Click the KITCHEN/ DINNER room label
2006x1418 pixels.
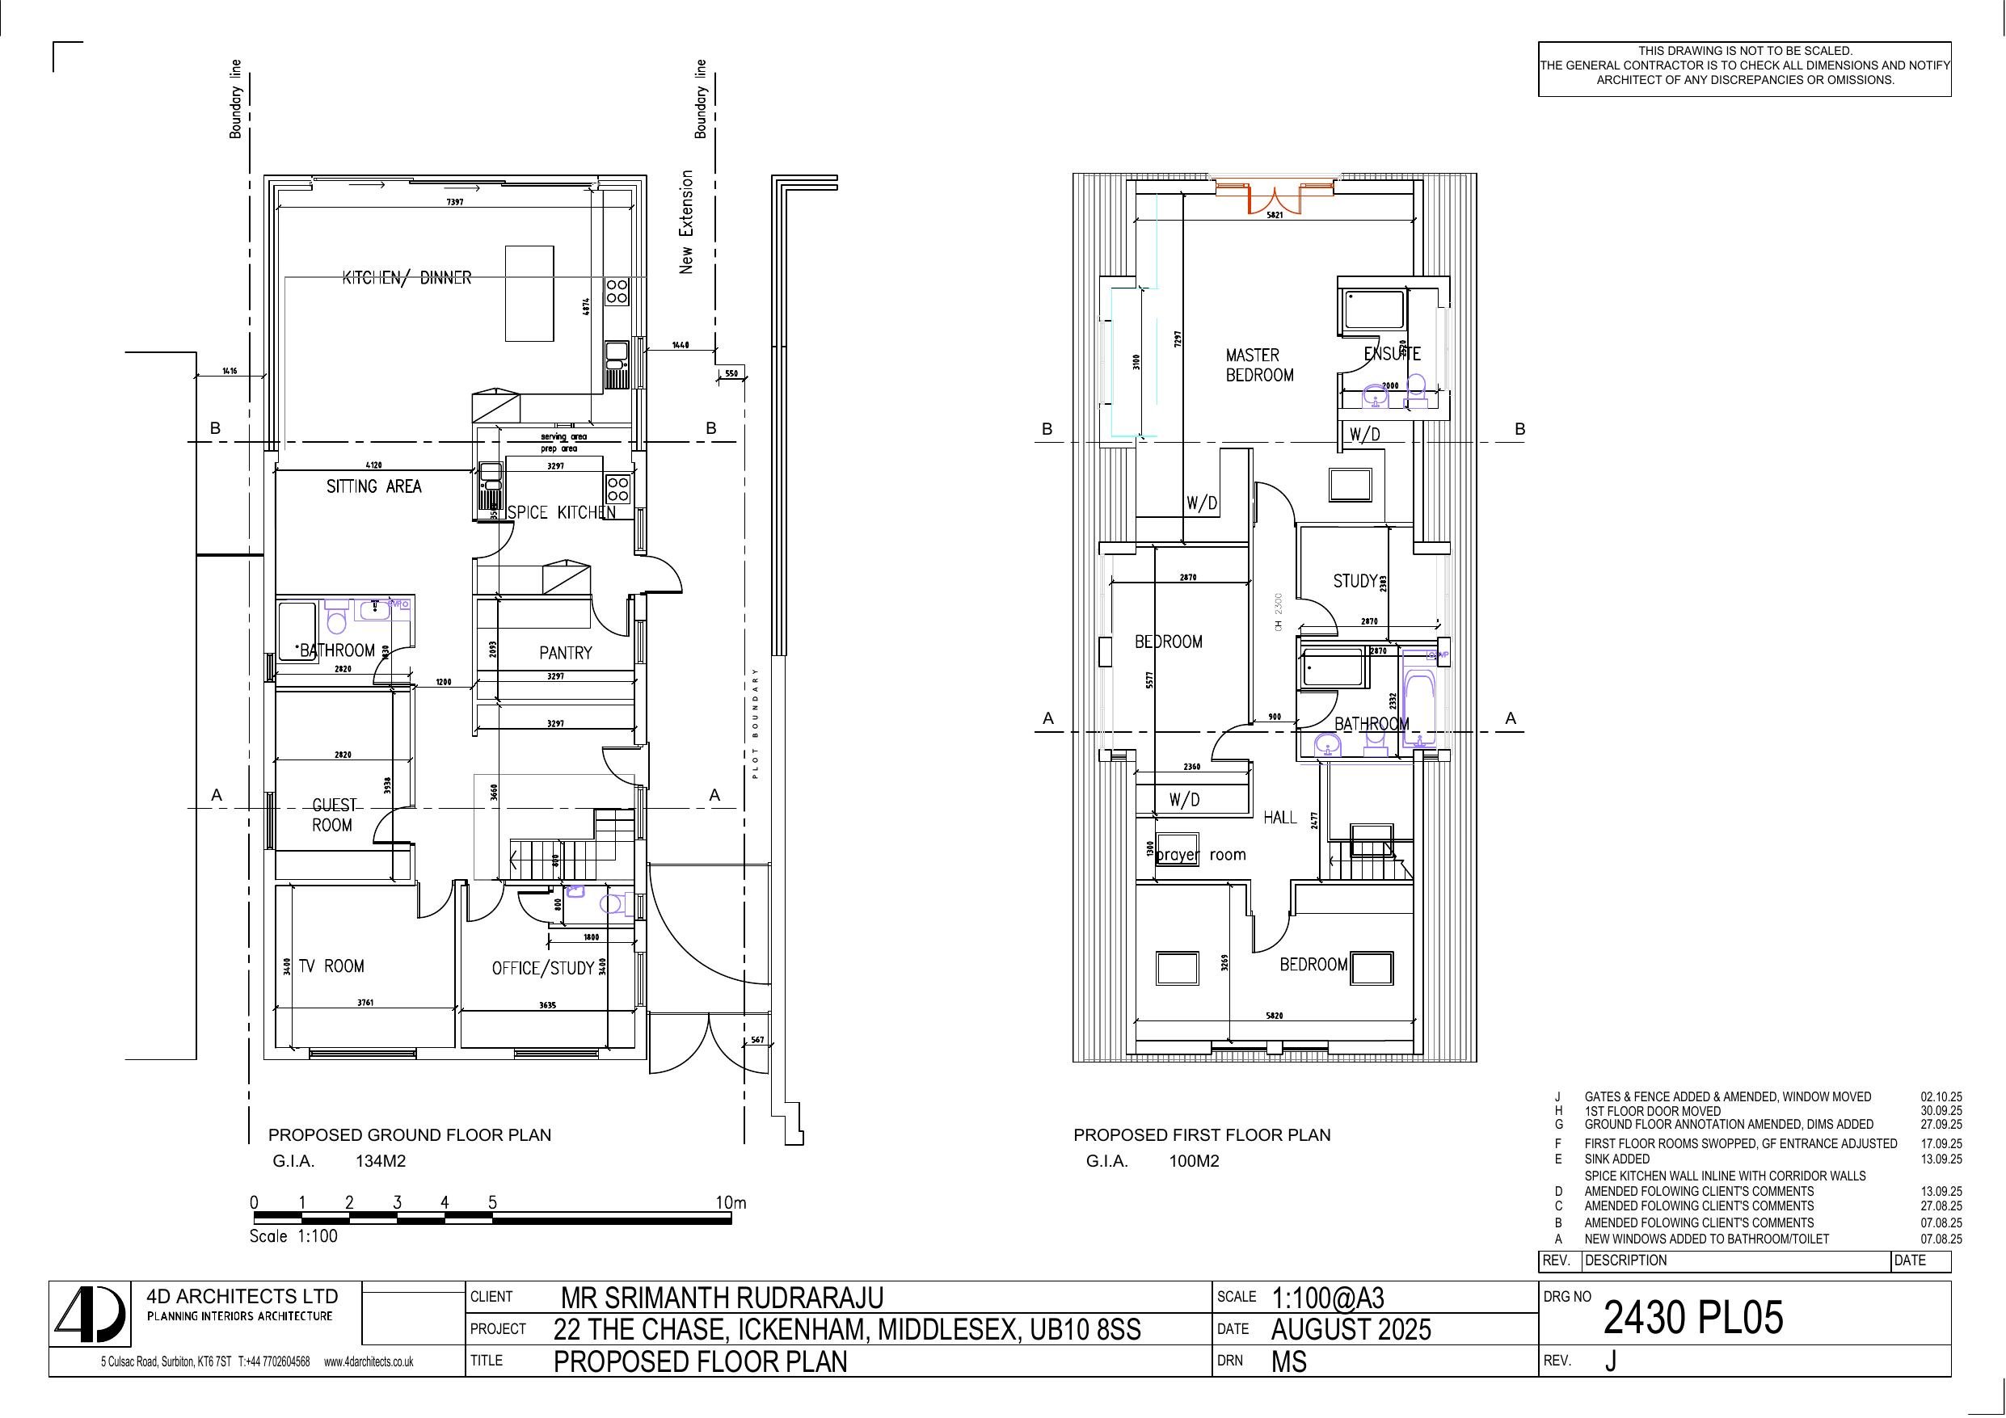point(407,278)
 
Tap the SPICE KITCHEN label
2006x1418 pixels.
point(561,512)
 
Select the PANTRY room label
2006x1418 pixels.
point(565,653)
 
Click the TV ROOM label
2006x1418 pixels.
point(331,966)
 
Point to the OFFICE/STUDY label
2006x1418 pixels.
point(542,968)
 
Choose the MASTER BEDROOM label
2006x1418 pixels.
point(1258,365)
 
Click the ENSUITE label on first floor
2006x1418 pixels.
point(1392,354)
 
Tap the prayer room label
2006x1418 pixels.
point(1200,855)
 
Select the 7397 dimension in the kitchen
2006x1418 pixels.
point(454,202)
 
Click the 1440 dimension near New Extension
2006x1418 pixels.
point(680,345)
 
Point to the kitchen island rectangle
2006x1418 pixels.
point(529,293)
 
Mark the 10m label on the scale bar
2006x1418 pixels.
point(731,1202)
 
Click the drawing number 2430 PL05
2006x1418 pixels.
point(1692,1318)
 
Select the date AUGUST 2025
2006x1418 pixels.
point(1351,1329)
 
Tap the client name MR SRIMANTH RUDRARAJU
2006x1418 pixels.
point(722,1298)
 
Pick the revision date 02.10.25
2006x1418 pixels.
point(1941,1096)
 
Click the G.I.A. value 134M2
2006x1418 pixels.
point(380,1161)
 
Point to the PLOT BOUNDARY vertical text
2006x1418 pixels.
point(756,723)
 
